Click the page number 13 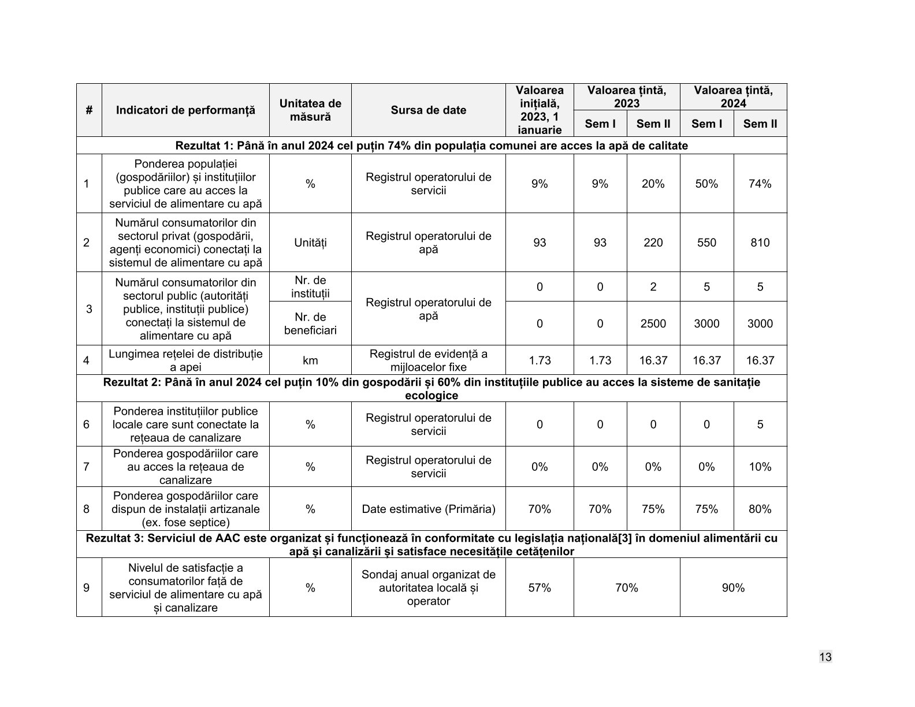825,657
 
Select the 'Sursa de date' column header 428,110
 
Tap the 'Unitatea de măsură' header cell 310,110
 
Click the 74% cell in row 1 760,184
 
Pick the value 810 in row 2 760,243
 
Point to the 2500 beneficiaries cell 653,323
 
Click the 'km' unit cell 310,360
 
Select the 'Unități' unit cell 310,243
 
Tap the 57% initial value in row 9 540,587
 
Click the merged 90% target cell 733,587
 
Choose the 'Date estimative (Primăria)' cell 428,509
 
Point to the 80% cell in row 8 760,509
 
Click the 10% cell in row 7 760,467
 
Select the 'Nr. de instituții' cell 310,287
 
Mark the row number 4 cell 87,360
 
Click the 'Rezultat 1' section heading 432,146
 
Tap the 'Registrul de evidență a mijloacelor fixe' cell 428,360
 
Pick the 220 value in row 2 653,243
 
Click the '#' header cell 89,110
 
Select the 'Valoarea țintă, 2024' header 733,97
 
